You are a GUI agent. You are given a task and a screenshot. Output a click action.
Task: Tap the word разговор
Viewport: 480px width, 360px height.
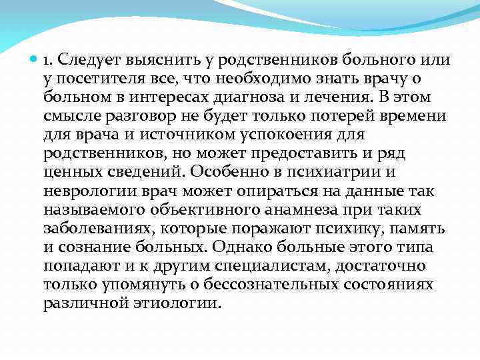127,116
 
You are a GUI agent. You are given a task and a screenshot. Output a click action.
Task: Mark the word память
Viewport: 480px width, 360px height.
416,228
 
